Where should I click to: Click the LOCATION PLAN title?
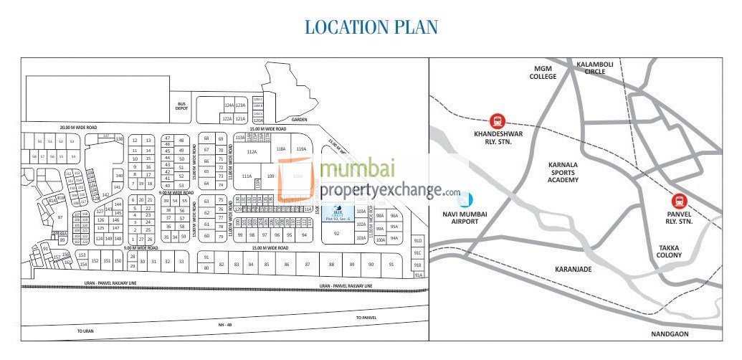[371, 27]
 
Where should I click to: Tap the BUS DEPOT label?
[182, 106]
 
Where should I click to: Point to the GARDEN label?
[299, 120]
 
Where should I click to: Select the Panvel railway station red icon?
[679, 203]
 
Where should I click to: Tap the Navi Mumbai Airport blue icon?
[467, 199]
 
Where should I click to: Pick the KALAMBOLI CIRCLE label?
[595, 68]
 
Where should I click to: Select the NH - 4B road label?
[226, 325]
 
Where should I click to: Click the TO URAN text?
[85, 331]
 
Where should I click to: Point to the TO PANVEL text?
[366, 317]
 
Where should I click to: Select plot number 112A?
[252, 151]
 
